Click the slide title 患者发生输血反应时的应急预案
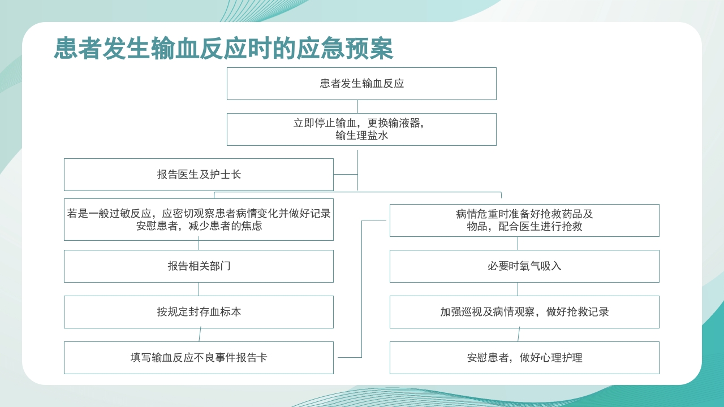tap(223, 49)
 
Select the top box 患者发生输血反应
tap(361, 84)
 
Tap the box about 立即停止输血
tap(361, 129)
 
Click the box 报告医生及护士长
tap(199, 175)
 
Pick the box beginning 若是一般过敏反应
tap(199, 219)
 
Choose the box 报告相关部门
tap(199, 266)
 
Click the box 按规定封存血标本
tap(199, 312)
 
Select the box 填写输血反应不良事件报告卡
tap(199, 358)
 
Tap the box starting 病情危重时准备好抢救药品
tap(524, 220)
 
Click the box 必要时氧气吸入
tap(524, 266)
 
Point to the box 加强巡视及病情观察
tap(524, 312)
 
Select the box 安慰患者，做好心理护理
tap(524, 358)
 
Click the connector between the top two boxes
tap(358, 106)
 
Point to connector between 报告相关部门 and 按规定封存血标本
tap(199, 289)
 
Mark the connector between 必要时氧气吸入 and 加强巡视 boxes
tap(518, 289)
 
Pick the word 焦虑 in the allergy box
tap(251, 226)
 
